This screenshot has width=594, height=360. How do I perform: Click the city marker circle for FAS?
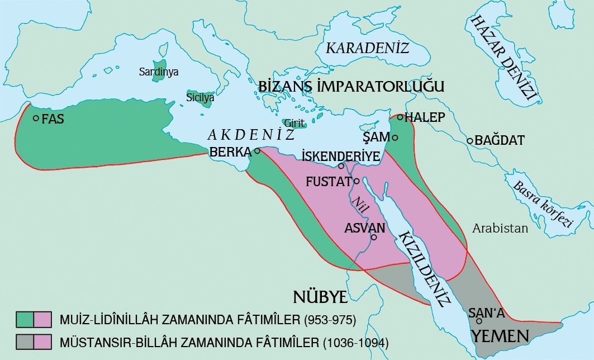point(36,119)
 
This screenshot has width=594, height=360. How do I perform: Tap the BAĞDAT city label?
point(500,141)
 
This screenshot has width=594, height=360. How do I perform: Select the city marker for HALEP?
point(400,117)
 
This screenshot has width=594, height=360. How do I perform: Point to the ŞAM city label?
point(376,137)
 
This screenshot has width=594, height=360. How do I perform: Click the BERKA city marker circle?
point(257,151)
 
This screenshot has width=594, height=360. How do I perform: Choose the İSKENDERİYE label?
point(340,155)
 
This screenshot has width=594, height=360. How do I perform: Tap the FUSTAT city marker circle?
point(356,181)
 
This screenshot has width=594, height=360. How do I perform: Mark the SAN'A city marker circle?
point(479,321)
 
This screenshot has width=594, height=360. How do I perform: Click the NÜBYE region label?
point(320,296)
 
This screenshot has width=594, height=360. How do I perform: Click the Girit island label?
point(294,122)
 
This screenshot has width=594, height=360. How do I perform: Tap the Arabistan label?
point(500,228)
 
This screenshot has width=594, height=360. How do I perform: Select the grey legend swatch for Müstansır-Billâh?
point(25,340)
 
